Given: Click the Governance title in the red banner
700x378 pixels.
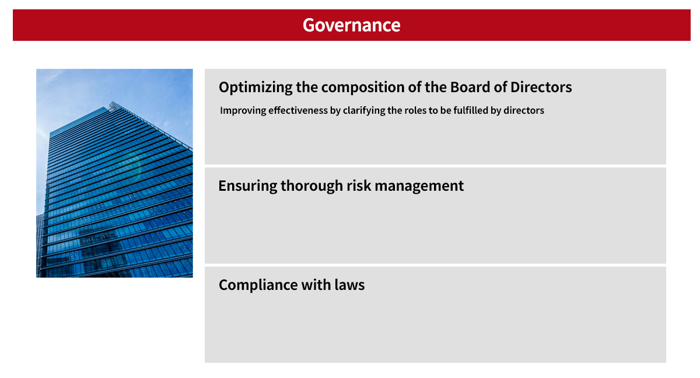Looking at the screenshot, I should click(351, 25).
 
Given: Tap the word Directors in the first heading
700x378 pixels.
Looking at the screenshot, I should click(541, 87).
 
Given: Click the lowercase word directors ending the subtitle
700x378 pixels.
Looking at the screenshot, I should click(524, 110).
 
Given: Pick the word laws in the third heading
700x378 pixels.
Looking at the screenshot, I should click(349, 285).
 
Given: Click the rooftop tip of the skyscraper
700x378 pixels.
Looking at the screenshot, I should click(112, 106).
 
